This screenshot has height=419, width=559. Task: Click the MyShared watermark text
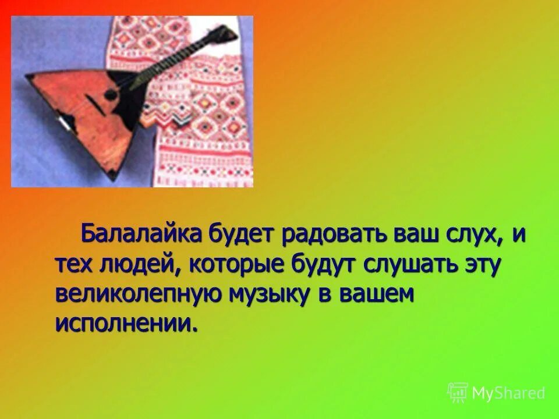point(508,393)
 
